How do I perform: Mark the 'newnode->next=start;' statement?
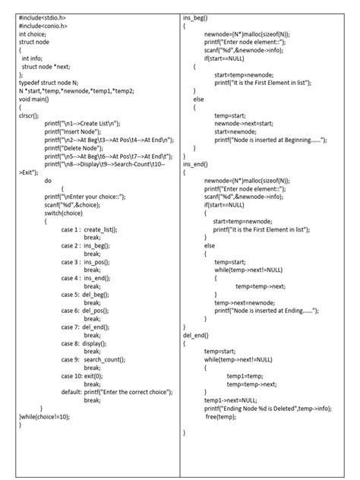(x=245, y=123)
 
